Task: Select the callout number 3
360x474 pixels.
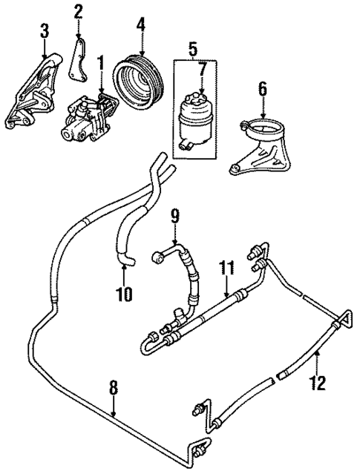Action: pos(45,31)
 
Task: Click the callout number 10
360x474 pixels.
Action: pos(124,294)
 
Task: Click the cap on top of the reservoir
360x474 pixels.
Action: pos(200,91)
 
